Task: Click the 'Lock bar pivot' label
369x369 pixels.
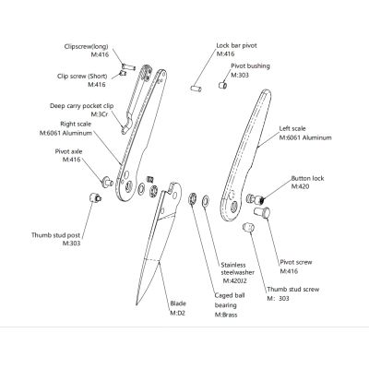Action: pyautogui.click(x=236, y=45)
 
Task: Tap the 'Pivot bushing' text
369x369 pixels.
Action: pyautogui.click(x=250, y=66)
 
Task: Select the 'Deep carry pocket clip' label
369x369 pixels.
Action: pyautogui.click(x=82, y=106)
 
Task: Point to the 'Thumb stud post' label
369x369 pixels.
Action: pyautogui.click(x=55, y=235)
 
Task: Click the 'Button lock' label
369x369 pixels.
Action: pyautogui.click(x=307, y=178)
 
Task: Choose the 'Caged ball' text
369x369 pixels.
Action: pyautogui.click(x=230, y=295)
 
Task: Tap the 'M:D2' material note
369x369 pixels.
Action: pyautogui.click(x=178, y=313)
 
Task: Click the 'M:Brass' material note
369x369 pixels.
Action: pyautogui.click(x=226, y=315)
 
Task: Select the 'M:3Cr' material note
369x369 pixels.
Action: pyautogui.click(x=100, y=114)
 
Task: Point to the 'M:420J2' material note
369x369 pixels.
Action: pyautogui.click(x=235, y=280)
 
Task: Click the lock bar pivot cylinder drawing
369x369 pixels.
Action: pyautogui.click(x=196, y=89)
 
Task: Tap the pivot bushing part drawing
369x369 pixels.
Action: pyautogui.click(x=223, y=85)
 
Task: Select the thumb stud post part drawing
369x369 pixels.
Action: pyautogui.click(x=95, y=196)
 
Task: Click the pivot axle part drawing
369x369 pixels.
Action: pyautogui.click(x=107, y=181)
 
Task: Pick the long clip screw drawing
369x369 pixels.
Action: pyautogui.click(x=128, y=66)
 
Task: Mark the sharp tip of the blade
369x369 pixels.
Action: pyautogui.click(x=137, y=304)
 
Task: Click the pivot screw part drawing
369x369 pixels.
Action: pyautogui.click(x=262, y=212)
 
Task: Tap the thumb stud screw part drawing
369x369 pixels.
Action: pyautogui.click(x=248, y=227)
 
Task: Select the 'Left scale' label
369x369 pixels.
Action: pyautogui.click(x=292, y=128)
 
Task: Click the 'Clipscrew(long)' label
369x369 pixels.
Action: pyautogui.click(x=87, y=47)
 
